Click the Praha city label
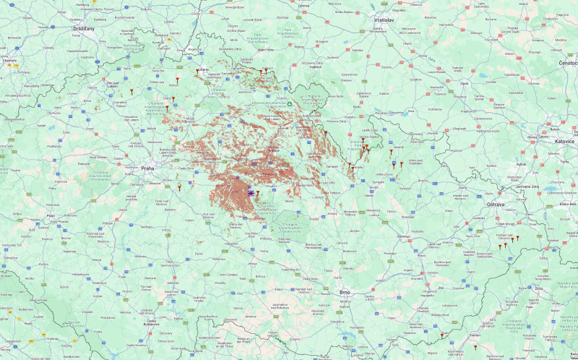(148, 168)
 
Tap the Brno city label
(345, 292)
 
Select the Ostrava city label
(495, 205)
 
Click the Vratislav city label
(384, 20)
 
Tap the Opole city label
(464, 82)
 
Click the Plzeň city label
(51, 215)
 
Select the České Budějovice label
(151, 322)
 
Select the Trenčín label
(475, 335)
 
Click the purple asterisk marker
(251, 193)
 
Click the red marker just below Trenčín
(475, 346)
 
